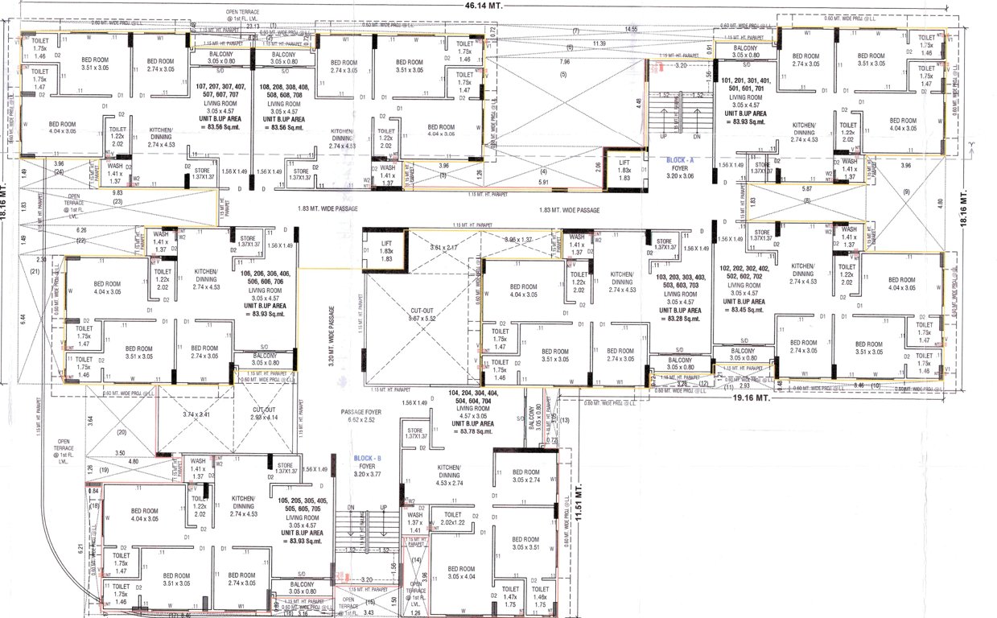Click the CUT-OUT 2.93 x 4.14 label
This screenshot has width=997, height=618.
point(262,414)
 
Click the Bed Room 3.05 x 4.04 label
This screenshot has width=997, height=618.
point(463,573)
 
